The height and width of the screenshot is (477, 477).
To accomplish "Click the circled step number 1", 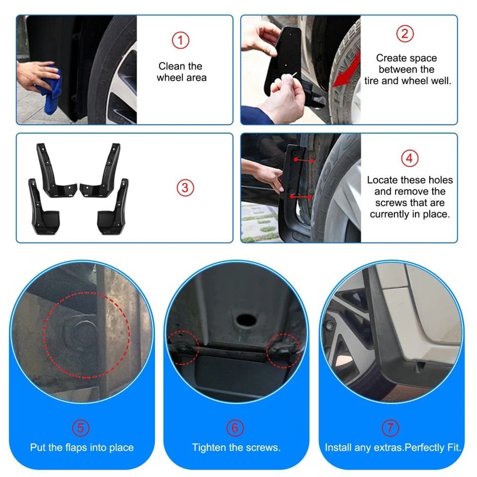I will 180,40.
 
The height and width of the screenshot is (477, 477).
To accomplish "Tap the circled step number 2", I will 405,34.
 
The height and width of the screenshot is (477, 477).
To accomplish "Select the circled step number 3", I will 186,187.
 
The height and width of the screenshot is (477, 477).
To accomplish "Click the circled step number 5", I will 81,428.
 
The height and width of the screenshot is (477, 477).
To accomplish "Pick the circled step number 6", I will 235,428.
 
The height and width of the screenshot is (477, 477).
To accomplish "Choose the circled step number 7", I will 391,428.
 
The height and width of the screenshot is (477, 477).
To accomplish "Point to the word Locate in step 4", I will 383,180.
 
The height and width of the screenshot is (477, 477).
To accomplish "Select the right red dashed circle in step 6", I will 285,351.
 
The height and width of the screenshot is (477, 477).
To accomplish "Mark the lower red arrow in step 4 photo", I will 301,197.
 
